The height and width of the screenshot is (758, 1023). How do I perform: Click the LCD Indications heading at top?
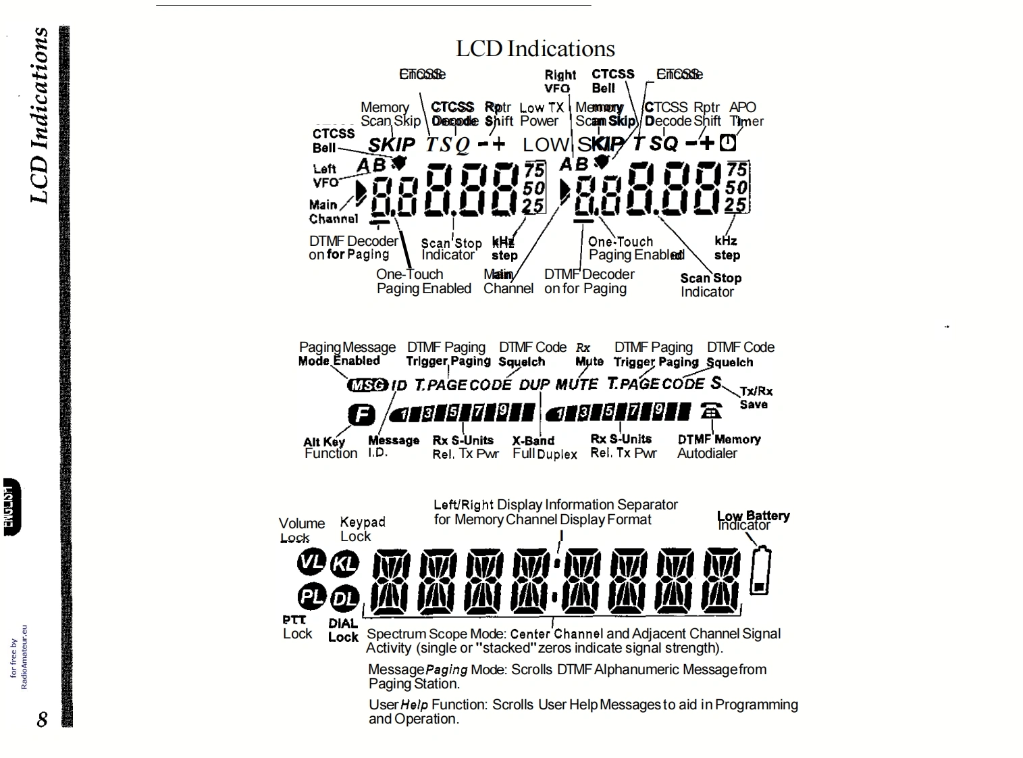tap(535, 49)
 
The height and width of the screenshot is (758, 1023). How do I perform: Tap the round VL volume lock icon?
tap(311, 561)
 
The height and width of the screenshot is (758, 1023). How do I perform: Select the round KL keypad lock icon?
tap(345, 563)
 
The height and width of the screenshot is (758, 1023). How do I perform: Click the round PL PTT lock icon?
tap(311, 597)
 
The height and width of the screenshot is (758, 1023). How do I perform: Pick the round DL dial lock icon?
tap(345, 598)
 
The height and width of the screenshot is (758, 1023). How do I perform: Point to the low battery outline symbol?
tap(760, 572)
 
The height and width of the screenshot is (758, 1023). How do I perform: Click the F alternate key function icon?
tap(361, 414)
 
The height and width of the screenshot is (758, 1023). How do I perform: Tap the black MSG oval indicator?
tap(367, 385)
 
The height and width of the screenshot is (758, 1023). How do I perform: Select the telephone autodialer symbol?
tap(711, 411)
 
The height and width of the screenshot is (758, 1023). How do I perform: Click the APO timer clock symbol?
tap(727, 143)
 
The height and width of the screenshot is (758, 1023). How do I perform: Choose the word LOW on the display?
tap(546, 144)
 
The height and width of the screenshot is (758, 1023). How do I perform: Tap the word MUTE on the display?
tap(576, 385)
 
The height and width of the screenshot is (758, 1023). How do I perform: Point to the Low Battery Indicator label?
tap(753, 520)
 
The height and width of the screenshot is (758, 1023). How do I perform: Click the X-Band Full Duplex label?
tap(544, 447)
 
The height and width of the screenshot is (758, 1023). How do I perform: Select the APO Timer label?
tap(745, 114)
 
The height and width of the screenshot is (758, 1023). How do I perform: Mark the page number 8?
tap(43, 719)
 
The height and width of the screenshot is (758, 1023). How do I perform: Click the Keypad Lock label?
tap(362, 529)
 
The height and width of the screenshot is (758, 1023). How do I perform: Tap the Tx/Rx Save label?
tap(755, 397)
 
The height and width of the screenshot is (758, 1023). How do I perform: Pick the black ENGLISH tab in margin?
tap(12, 507)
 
